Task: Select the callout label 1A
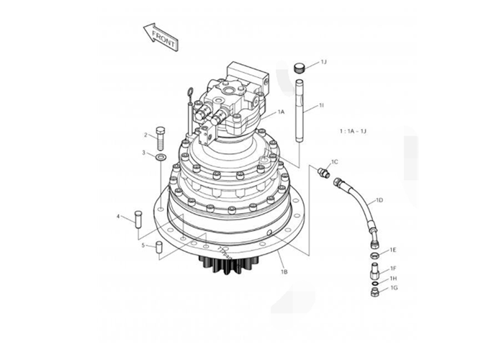click(x=281, y=112)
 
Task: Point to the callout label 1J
click(x=323, y=63)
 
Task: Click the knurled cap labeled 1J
click(x=300, y=68)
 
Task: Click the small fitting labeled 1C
click(x=324, y=172)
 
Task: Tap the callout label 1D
click(x=379, y=199)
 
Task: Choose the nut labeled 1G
click(x=375, y=292)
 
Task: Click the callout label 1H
click(x=393, y=279)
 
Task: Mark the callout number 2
click(x=145, y=135)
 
